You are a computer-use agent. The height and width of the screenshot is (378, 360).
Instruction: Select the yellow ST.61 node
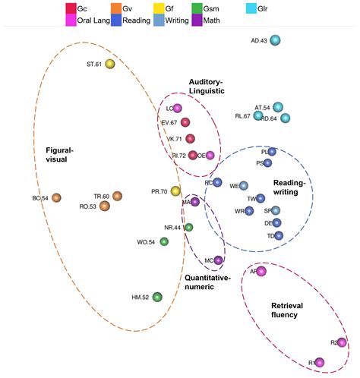click(110, 65)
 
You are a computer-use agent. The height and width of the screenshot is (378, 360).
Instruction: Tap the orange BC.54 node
click(56, 198)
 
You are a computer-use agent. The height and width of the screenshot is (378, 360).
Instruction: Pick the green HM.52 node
click(157, 297)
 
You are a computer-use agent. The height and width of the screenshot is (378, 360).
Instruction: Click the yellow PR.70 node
click(175, 191)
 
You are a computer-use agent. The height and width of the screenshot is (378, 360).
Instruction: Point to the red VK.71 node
click(191, 139)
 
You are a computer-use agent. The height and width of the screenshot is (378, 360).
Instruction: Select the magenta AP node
click(261, 272)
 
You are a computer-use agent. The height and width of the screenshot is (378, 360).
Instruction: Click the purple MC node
click(219, 260)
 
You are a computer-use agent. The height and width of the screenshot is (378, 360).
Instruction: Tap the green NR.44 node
click(189, 227)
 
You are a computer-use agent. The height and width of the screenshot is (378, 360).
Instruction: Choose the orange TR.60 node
click(117, 197)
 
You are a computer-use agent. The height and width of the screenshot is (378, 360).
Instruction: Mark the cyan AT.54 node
click(279, 107)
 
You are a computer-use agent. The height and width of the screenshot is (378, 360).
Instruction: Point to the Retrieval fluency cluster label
click(292, 310)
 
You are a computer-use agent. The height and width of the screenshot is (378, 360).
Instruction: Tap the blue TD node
click(279, 236)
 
